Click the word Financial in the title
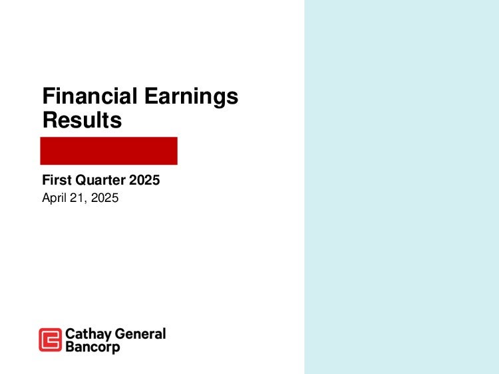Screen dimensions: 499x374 coord(90,96)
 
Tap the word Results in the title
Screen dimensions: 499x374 coord(82,120)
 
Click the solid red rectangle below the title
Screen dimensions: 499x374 coord(109,151)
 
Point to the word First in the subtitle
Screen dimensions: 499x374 coord(57,180)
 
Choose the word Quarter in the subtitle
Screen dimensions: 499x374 coord(100,180)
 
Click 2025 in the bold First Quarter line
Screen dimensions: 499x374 coord(144,180)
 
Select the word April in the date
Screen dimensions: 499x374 coord(54,198)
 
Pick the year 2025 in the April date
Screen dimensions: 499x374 coord(104,198)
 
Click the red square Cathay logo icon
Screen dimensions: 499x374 coord(51,339)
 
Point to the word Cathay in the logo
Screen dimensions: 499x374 coord(88,335)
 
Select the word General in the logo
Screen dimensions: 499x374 coord(140,334)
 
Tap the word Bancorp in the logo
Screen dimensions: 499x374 coord(92,347)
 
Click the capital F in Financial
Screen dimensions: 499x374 coord(49,96)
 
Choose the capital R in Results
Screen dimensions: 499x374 coord(50,120)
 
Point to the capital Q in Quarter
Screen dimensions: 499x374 coord(81,180)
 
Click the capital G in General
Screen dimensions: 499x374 coord(120,334)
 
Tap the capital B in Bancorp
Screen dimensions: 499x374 coord(70,346)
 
